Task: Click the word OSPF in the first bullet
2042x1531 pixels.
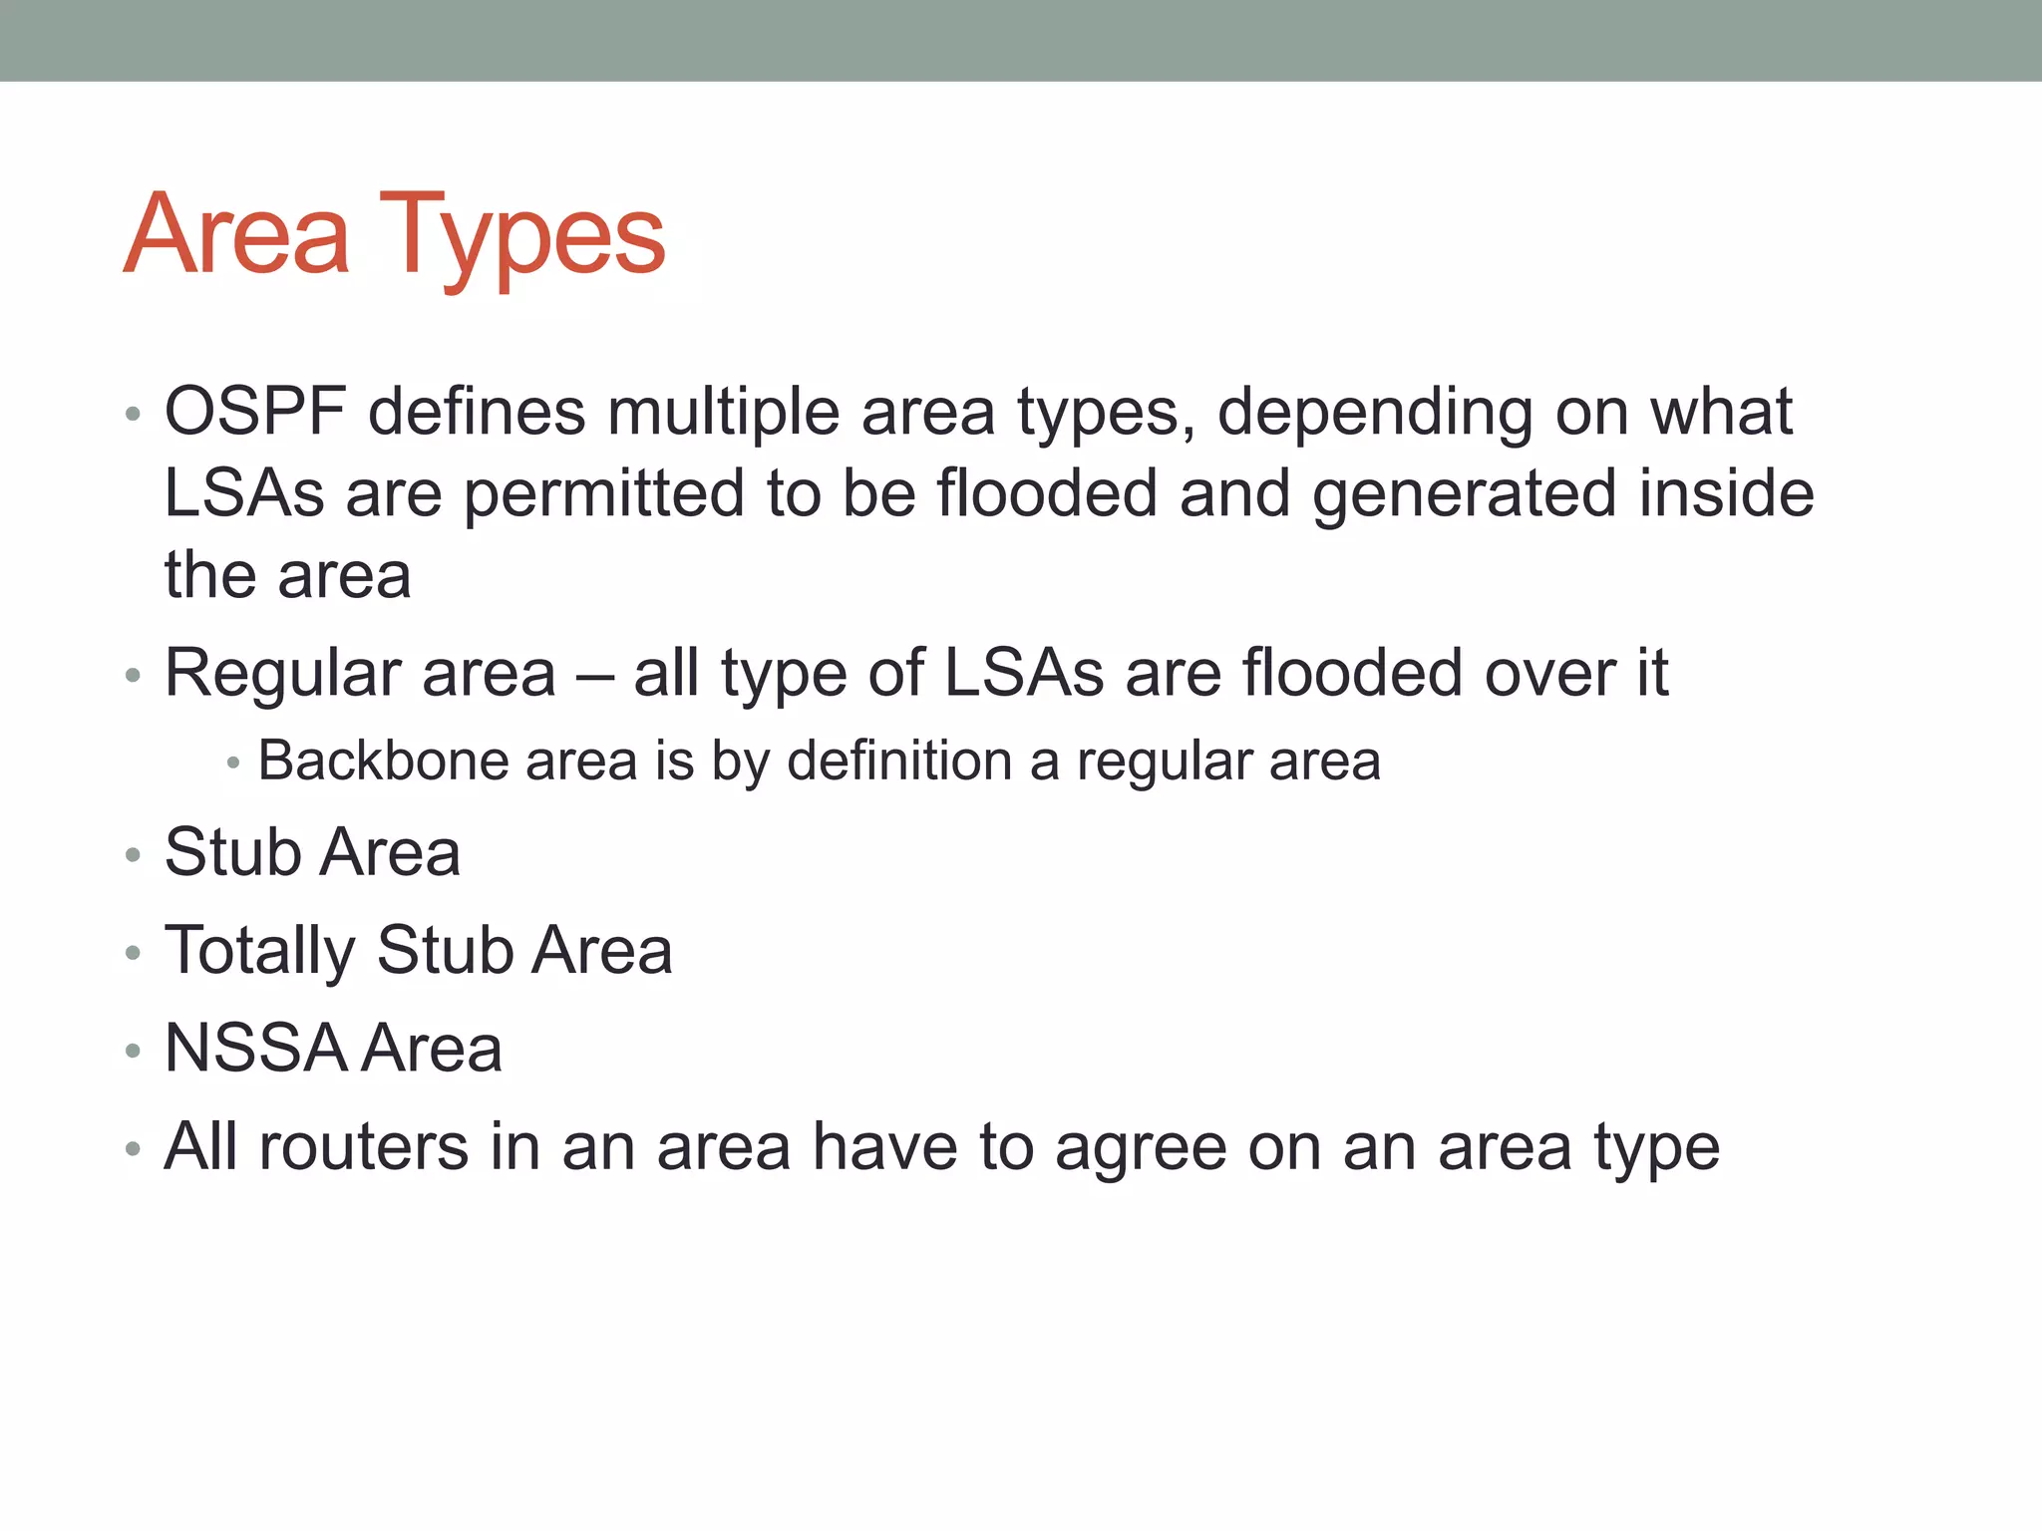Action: click(255, 412)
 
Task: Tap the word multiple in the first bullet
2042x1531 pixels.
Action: click(724, 412)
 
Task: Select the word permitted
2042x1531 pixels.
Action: click(604, 493)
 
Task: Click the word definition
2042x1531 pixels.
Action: click(899, 761)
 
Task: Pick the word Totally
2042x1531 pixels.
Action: click(259, 950)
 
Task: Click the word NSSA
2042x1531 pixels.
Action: click(254, 1049)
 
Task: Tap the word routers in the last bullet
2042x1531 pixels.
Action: click(363, 1146)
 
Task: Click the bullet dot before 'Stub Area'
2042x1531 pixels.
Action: click(134, 855)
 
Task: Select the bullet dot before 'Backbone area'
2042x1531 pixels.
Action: click(233, 764)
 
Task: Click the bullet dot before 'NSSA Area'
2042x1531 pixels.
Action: click(134, 1051)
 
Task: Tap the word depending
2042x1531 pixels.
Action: click(1375, 412)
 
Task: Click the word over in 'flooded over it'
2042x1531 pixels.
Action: click(1549, 673)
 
